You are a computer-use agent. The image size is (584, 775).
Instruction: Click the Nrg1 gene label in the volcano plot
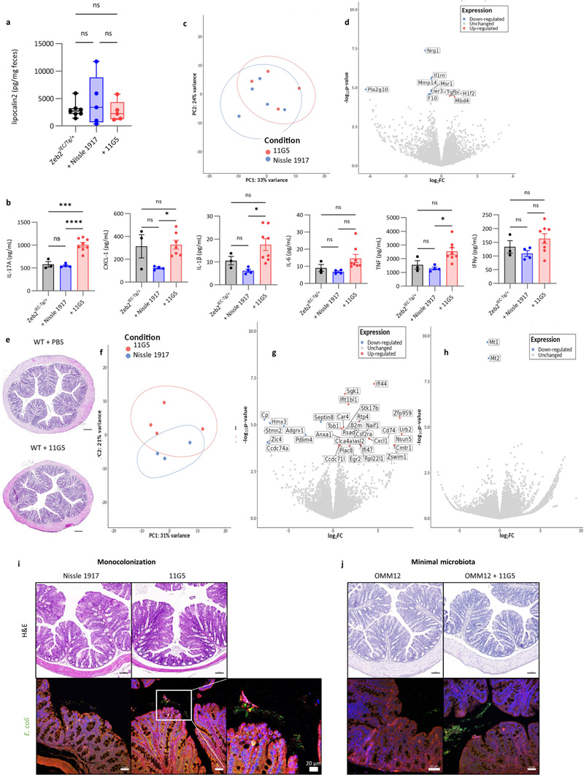click(x=434, y=50)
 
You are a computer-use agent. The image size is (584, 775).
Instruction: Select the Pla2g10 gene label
click(x=377, y=89)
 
